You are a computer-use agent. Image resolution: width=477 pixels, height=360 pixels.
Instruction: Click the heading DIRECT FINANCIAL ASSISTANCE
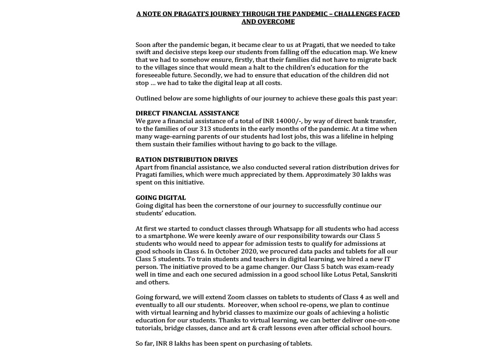pyautogui.click(x=187, y=113)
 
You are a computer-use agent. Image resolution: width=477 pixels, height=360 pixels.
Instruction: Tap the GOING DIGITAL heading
pyautogui.click(x=161, y=198)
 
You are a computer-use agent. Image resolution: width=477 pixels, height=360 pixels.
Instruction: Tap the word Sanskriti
pyautogui.click(x=383, y=275)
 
